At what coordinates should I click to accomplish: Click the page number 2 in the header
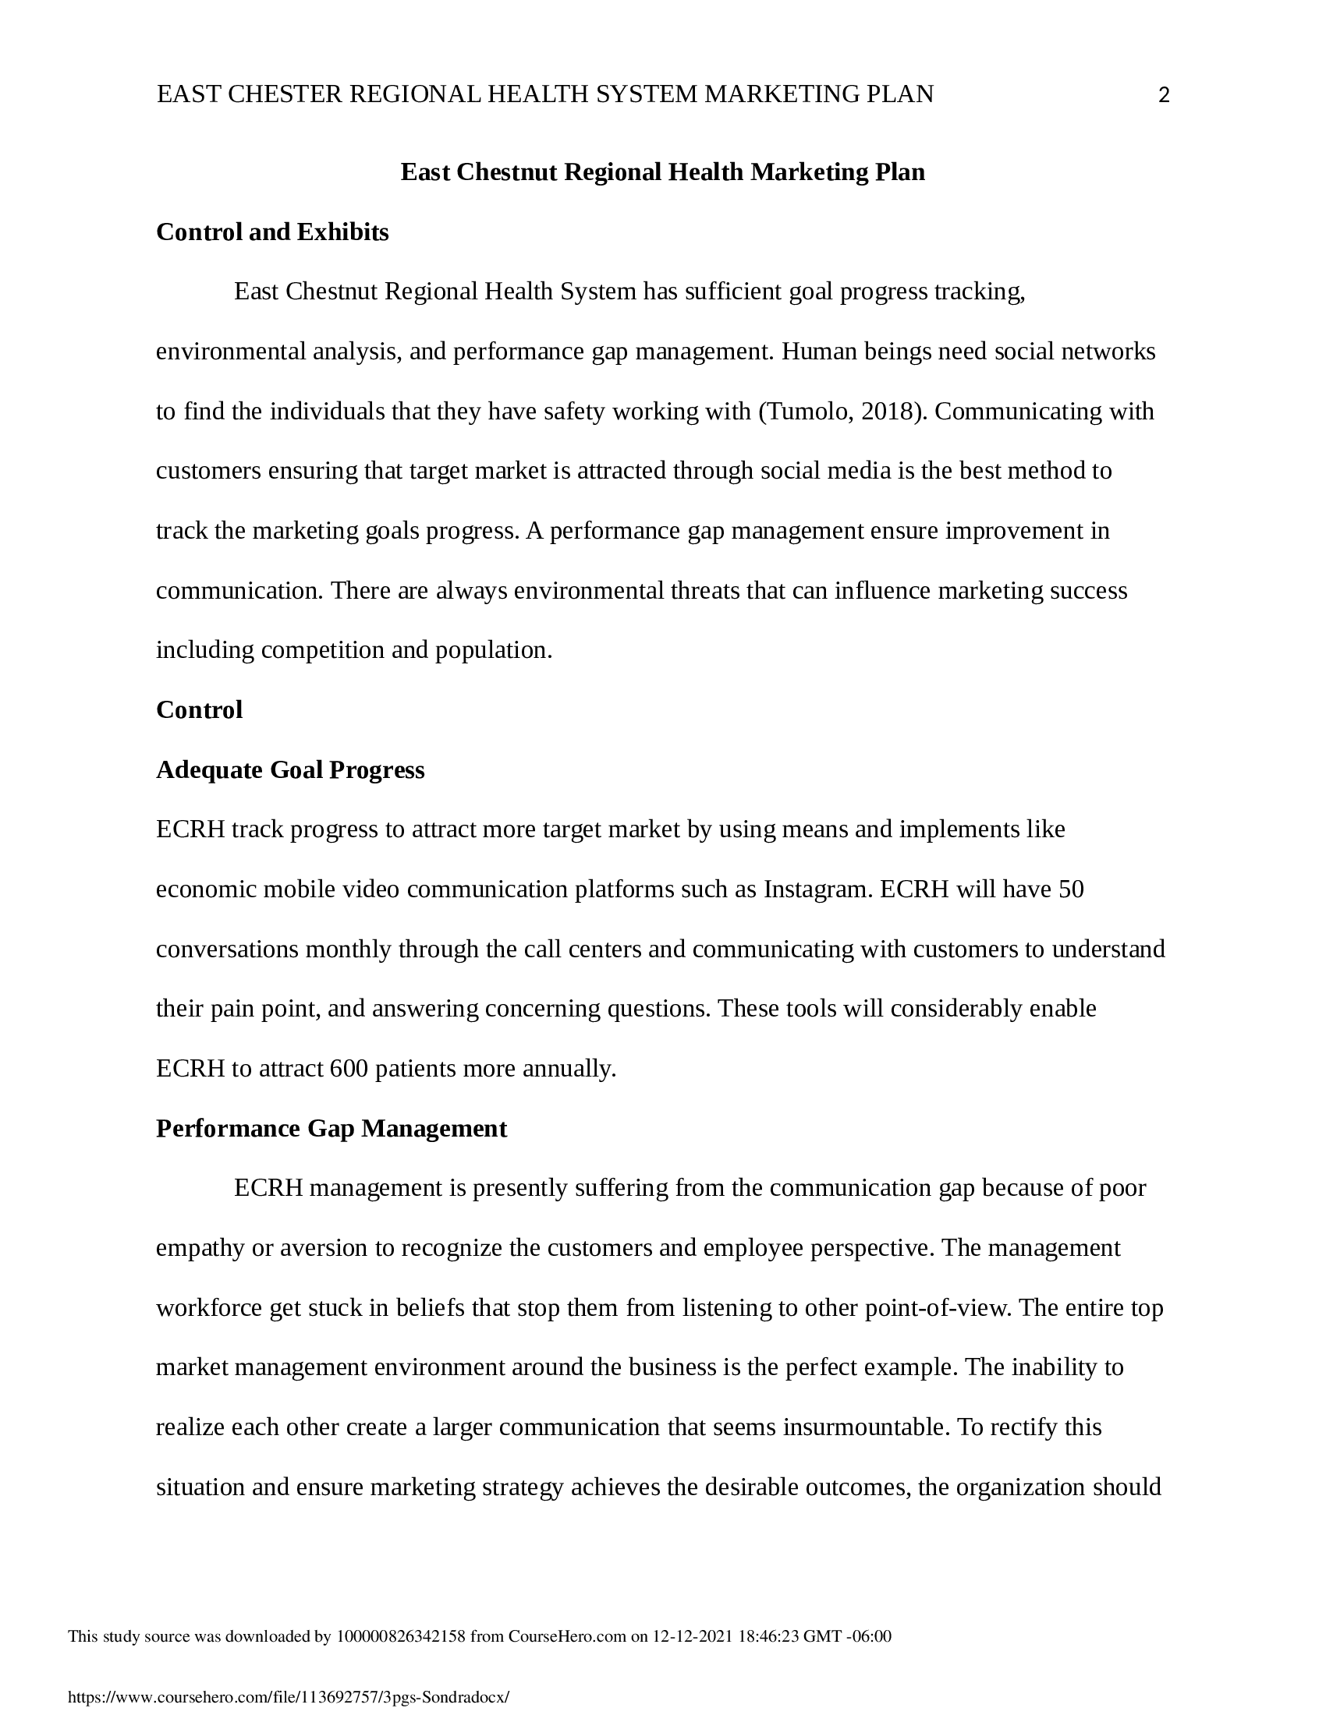point(1165,96)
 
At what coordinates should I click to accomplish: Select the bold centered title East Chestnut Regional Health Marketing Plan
point(662,172)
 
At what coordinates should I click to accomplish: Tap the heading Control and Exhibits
point(271,232)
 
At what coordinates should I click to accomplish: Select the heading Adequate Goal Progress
point(290,769)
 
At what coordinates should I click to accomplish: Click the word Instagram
point(817,889)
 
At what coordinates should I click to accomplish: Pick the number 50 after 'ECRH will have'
point(1072,889)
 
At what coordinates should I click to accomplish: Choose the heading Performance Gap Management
point(331,1129)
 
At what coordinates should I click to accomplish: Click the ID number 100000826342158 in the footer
point(401,1636)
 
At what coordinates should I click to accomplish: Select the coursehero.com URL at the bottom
point(289,1697)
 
